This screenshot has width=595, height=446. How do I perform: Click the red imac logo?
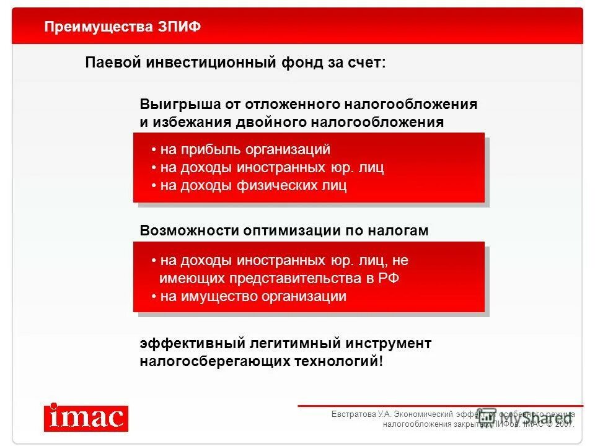[x=86, y=418]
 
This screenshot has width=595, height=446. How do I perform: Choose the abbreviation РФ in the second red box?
[x=389, y=279]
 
